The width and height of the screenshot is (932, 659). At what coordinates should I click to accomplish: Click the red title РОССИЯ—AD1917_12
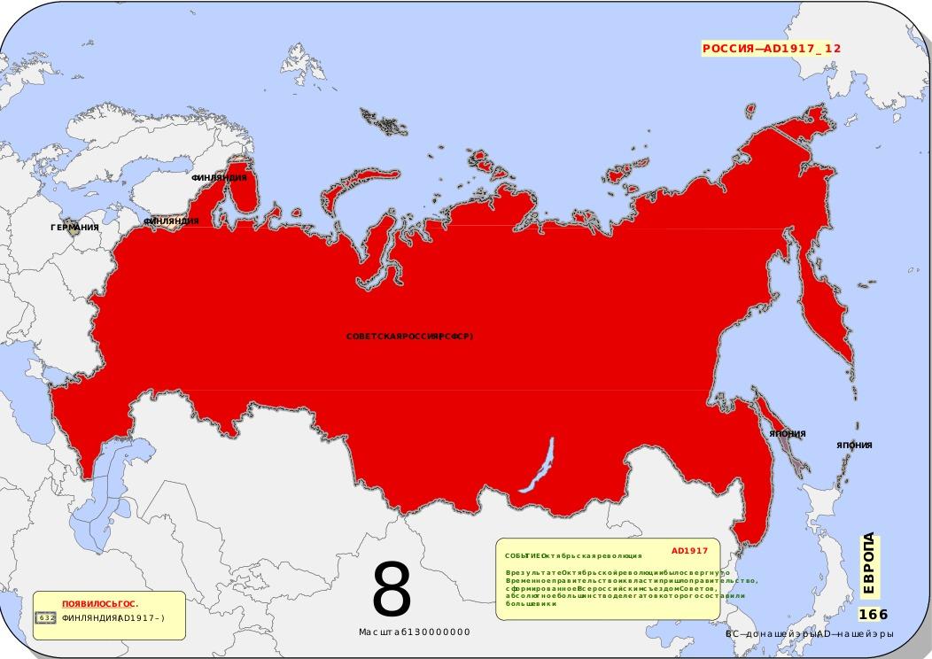pyautogui.click(x=771, y=49)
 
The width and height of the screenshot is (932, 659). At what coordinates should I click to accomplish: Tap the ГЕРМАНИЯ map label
pyautogui.click(x=74, y=228)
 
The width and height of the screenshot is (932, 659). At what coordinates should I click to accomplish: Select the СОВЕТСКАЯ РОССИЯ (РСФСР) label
pyautogui.click(x=409, y=337)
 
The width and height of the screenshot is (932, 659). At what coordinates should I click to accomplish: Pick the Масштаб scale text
pyautogui.click(x=414, y=632)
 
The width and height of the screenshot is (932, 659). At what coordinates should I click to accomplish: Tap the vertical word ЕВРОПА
pyautogui.click(x=868, y=563)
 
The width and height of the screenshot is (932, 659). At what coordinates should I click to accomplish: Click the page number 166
pyautogui.click(x=873, y=615)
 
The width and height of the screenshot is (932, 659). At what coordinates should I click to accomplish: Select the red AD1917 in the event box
pyautogui.click(x=689, y=550)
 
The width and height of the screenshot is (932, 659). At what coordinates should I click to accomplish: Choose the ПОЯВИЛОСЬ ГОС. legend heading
pyautogui.click(x=99, y=604)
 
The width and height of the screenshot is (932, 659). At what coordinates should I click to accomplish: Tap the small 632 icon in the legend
pyautogui.click(x=46, y=617)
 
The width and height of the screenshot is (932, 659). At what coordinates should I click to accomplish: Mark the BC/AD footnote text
pyautogui.click(x=809, y=634)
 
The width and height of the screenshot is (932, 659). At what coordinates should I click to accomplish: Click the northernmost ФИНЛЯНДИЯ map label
pyautogui.click(x=219, y=178)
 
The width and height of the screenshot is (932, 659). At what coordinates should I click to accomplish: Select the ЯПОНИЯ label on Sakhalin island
pyautogui.click(x=787, y=434)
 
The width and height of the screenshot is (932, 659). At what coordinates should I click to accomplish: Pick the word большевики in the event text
pyautogui.click(x=531, y=604)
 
